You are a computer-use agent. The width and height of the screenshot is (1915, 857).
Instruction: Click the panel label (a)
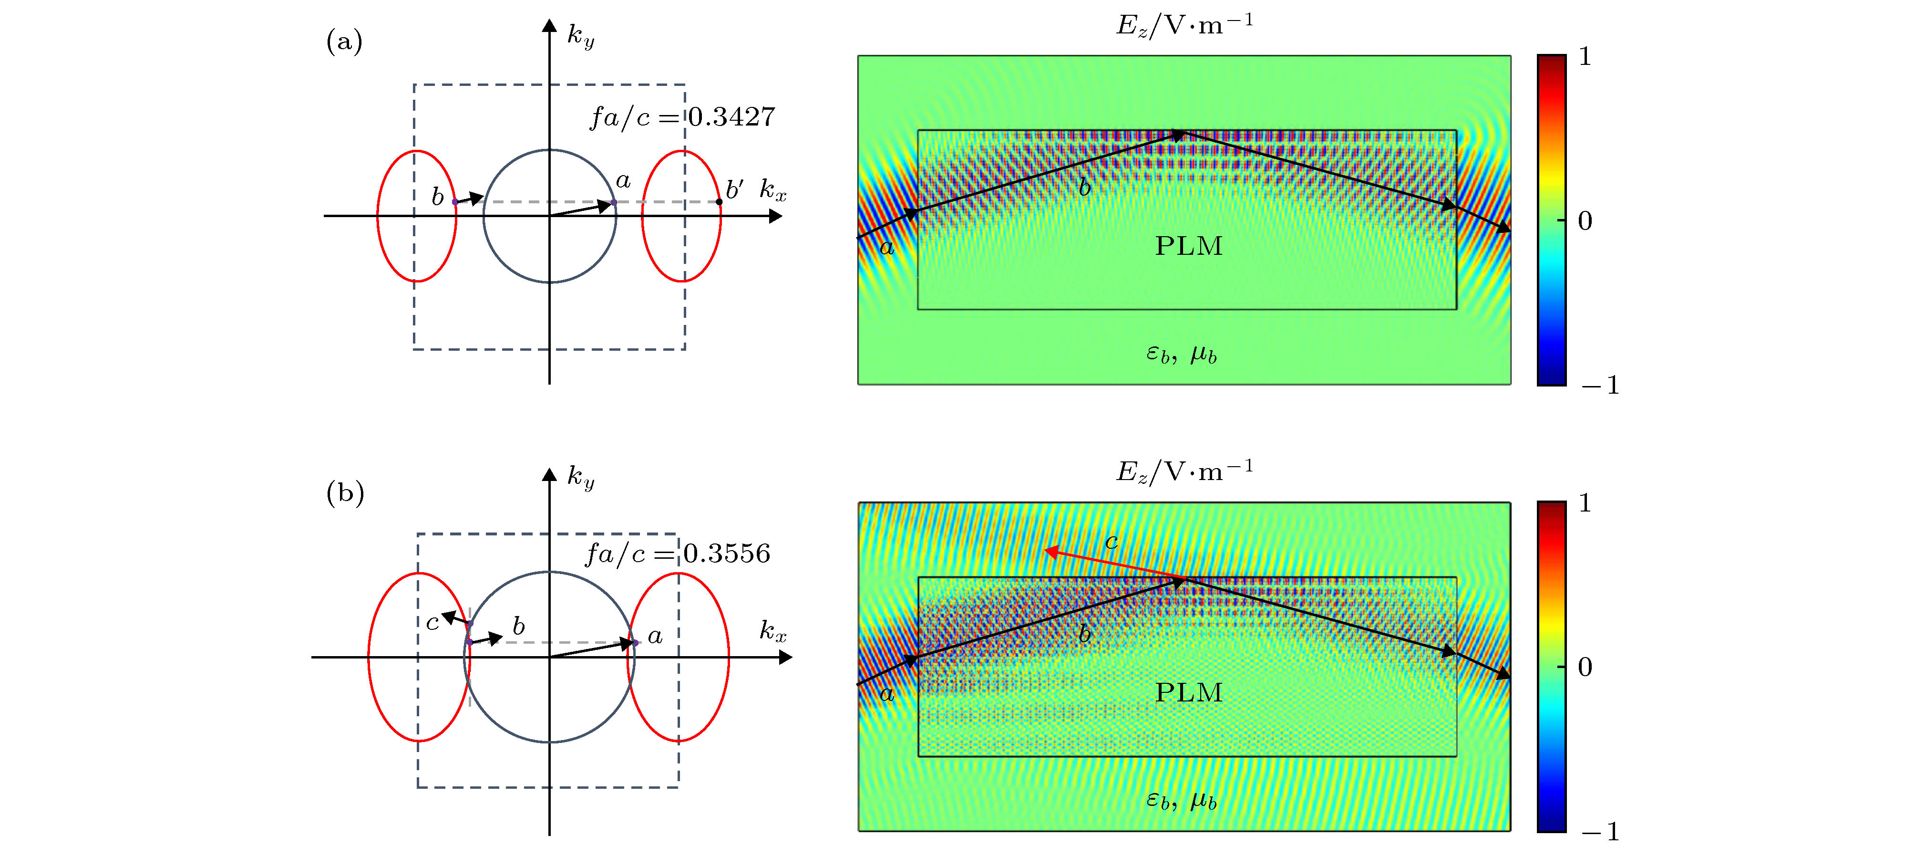[344, 42]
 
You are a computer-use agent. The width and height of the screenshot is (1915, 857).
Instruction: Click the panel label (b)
[345, 493]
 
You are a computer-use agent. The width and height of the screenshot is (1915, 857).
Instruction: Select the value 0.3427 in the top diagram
[731, 117]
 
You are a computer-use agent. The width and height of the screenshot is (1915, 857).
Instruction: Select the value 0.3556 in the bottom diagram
[726, 554]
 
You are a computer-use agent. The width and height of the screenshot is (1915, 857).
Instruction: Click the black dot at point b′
[719, 201]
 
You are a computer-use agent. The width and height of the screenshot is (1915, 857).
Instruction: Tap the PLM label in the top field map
[1188, 245]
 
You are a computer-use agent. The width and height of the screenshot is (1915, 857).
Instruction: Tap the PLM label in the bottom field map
[1188, 692]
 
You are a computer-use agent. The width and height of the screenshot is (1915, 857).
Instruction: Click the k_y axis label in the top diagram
[581, 36]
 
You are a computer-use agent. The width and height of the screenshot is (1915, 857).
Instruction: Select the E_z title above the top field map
[1184, 25]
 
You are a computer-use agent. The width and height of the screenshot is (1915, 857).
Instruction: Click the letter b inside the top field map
[1085, 188]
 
